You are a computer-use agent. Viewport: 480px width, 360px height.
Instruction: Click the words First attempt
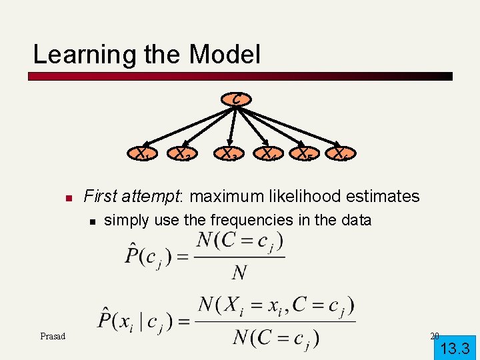pyautogui.click(x=133, y=196)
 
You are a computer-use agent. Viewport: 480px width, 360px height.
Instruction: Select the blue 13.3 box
pyautogui.click(x=455, y=347)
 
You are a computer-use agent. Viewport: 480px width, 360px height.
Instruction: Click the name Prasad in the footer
pyautogui.click(x=53, y=336)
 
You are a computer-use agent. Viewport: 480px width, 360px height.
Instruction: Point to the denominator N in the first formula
pyautogui.click(x=239, y=273)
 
